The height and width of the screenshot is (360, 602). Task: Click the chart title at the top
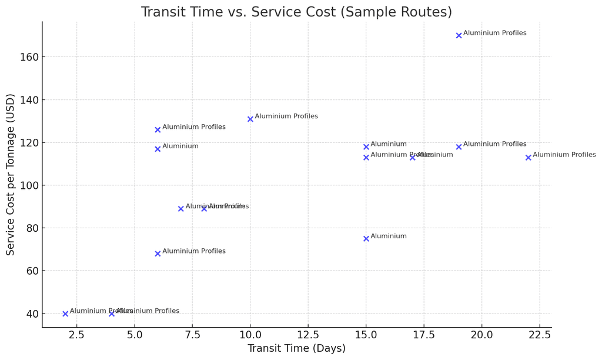pyautogui.click(x=296, y=12)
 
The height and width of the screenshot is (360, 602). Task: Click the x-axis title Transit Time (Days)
pyautogui.click(x=296, y=348)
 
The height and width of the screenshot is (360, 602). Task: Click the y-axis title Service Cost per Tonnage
pyautogui.click(x=11, y=174)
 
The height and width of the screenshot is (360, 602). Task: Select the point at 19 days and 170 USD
pyautogui.click(x=459, y=36)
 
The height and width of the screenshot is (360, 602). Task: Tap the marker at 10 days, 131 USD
pyautogui.click(x=250, y=119)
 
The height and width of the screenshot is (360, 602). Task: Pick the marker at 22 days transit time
pyautogui.click(x=528, y=158)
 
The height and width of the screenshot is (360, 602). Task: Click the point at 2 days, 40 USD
pyautogui.click(x=65, y=314)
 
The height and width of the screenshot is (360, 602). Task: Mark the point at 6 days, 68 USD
pyautogui.click(x=158, y=254)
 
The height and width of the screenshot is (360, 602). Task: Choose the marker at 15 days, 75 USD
pyautogui.click(x=366, y=239)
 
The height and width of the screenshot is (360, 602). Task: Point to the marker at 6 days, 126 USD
pyautogui.click(x=158, y=129)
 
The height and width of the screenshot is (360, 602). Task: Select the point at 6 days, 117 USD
pyautogui.click(x=158, y=149)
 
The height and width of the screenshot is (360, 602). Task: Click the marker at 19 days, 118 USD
pyautogui.click(x=459, y=146)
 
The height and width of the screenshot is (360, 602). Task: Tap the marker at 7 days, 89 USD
pyautogui.click(x=181, y=209)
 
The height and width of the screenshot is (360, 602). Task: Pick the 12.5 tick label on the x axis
pyautogui.click(x=308, y=335)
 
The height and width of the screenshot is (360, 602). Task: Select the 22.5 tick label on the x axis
pyautogui.click(x=540, y=335)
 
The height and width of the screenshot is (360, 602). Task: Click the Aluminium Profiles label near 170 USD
pyautogui.click(x=494, y=34)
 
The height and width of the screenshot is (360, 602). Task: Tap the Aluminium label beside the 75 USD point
pyautogui.click(x=389, y=236)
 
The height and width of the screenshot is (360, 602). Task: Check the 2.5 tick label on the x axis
pyautogui.click(x=77, y=335)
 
